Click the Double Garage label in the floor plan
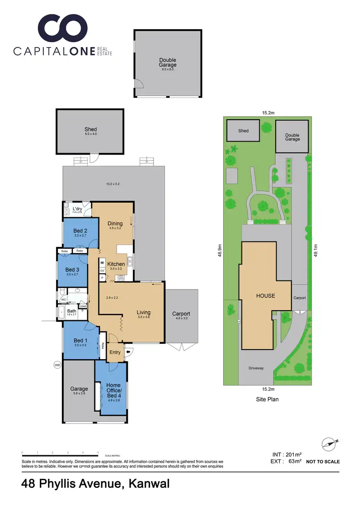[168, 62]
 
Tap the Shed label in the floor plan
[90, 129]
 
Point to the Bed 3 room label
[72, 269]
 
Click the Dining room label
[115, 223]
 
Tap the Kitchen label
[116, 264]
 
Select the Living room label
[144, 312]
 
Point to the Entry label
[115, 352]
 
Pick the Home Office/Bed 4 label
[113, 388]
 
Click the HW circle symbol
[58, 365]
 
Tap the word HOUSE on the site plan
[265, 296]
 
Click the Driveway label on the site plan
[256, 368]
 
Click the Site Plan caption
[267, 399]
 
